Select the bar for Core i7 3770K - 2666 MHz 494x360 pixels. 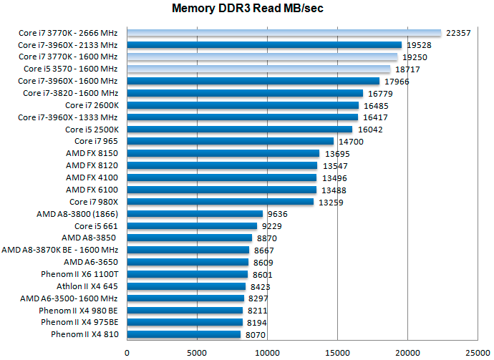tap(284, 33)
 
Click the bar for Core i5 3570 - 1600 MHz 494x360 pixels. tap(258, 69)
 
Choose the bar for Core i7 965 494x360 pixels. tap(230, 142)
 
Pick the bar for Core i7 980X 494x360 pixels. tap(220, 202)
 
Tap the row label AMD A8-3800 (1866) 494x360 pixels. tap(77, 214)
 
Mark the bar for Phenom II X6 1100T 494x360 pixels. tap(187, 274)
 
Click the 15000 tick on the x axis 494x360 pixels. tap(337, 352)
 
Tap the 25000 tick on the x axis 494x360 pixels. tap(478, 352)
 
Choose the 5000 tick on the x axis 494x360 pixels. tap(197, 352)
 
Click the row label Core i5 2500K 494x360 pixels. tap(92, 130)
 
